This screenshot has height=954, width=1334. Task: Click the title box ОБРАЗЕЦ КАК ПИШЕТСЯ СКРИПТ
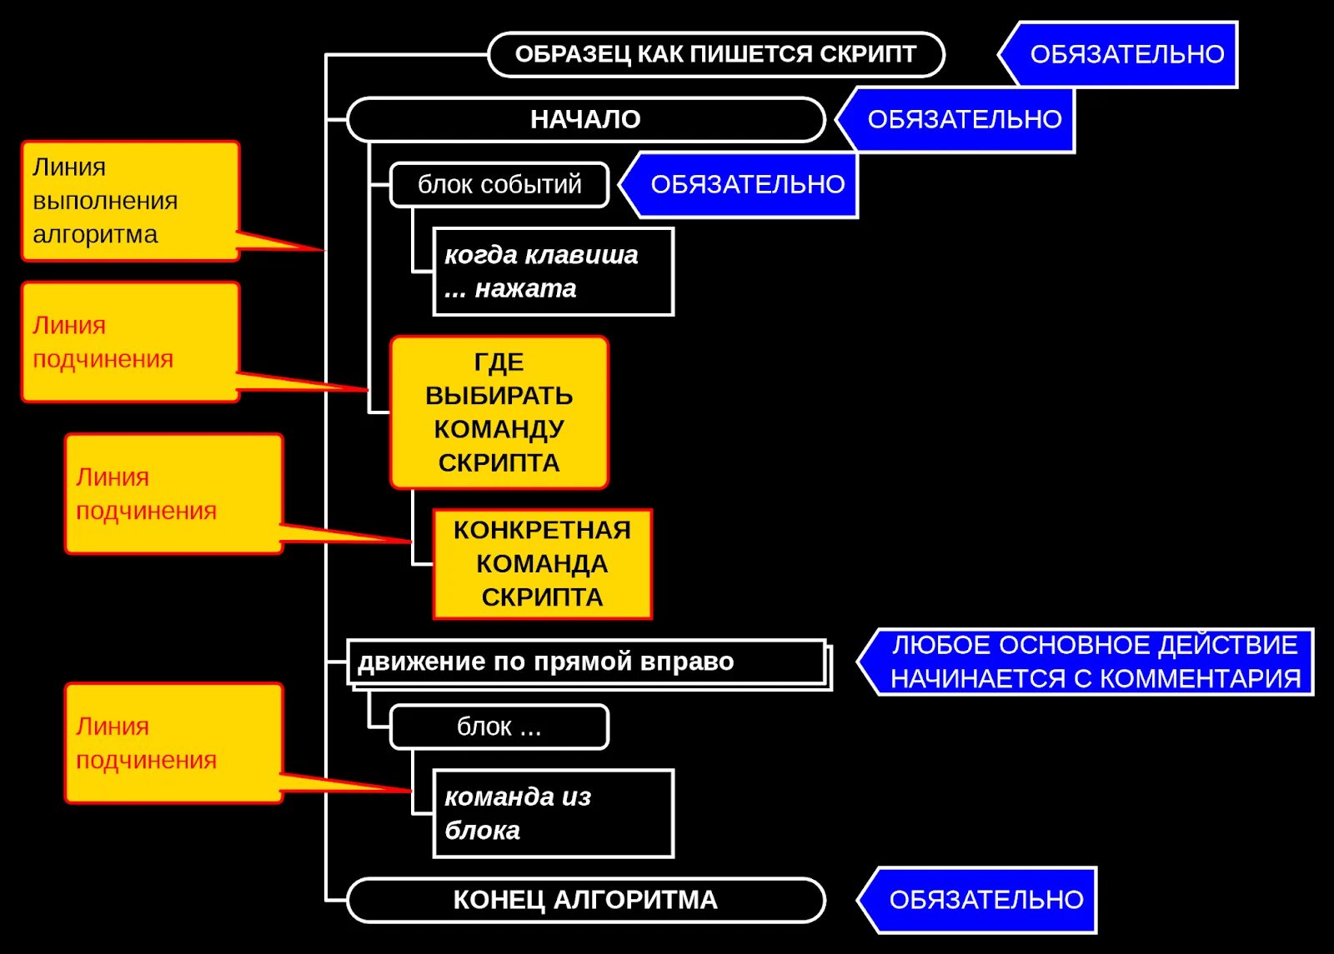coord(715,55)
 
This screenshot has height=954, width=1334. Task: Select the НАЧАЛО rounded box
coord(585,120)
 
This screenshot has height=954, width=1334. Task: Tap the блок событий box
coord(499,185)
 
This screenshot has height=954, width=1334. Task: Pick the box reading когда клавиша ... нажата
coord(553,272)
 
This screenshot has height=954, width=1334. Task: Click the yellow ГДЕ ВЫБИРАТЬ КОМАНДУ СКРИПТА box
coord(499,412)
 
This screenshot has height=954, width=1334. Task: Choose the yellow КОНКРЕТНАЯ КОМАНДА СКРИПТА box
coord(542,564)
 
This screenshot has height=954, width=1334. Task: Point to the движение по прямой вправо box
coord(587,662)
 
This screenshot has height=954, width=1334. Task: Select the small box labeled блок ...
coord(499,727)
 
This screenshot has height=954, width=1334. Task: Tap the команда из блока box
coord(553,814)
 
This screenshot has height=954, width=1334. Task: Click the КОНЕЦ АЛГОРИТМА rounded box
coord(585,901)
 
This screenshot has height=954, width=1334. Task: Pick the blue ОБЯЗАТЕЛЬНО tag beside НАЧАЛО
coord(964,120)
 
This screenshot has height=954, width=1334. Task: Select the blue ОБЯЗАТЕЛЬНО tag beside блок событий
coord(747,185)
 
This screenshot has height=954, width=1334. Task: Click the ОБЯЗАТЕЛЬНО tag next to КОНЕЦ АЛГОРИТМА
coord(985,901)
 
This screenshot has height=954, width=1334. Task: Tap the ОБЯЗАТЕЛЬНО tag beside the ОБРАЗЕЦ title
coord(1126,55)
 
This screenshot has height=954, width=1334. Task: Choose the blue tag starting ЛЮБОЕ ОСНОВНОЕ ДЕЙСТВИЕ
coord(1094,662)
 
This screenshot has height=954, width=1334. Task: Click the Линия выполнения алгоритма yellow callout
coord(130,201)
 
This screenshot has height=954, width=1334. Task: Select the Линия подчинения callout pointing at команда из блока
coord(173,743)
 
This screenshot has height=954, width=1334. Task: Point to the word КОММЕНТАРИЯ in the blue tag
coord(1199,680)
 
